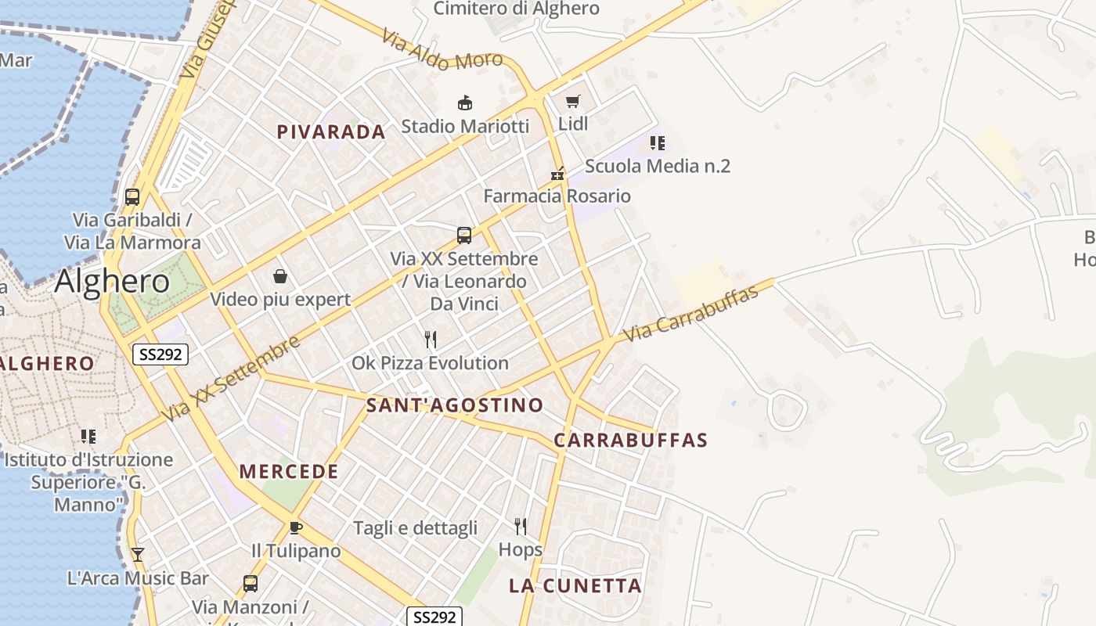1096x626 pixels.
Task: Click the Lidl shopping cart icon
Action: coord(573,101)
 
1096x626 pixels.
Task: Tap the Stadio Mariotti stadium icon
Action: coord(465,103)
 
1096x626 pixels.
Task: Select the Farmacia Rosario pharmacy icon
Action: coord(557,174)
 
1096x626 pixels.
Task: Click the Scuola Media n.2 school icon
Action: coord(658,142)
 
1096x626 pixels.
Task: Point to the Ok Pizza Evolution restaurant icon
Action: coord(430,339)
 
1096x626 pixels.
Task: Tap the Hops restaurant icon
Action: coord(521,526)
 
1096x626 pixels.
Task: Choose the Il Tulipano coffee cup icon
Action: coord(295,527)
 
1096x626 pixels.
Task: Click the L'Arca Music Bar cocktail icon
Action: coord(138,555)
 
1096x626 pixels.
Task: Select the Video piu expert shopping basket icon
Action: coord(280,276)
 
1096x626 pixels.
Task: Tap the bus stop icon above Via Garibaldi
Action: coord(132,197)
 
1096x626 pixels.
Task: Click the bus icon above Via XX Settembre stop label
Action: coord(464,235)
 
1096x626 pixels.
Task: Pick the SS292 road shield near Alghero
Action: coord(160,354)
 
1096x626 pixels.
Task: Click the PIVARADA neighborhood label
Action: coord(331,132)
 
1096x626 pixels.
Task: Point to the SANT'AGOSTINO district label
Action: coord(454,405)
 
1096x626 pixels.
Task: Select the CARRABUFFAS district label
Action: coord(630,441)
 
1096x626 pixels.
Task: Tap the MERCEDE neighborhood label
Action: coord(289,472)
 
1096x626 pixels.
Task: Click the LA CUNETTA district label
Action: coord(575,586)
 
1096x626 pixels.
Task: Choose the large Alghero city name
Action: coord(112,281)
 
